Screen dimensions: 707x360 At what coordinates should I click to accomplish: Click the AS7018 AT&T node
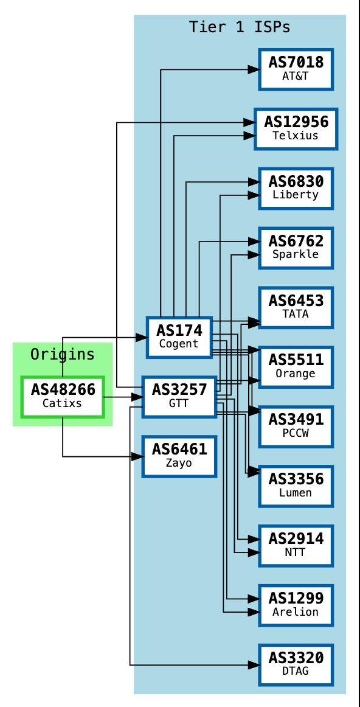click(296, 69)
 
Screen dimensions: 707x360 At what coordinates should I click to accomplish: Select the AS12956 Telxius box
click(296, 128)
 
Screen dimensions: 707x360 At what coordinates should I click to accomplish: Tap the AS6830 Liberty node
click(296, 188)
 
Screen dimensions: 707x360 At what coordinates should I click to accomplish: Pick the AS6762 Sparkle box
click(296, 248)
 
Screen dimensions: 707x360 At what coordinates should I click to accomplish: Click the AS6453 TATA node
click(296, 307)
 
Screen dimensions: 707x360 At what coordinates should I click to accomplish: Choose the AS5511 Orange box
click(296, 367)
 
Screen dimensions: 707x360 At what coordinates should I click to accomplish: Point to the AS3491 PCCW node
click(296, 427)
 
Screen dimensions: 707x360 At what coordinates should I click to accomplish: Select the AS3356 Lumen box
click(296, 486)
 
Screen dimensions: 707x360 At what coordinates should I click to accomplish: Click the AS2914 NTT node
click(296, 546)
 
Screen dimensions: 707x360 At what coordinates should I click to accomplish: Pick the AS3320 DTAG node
click(296, 664)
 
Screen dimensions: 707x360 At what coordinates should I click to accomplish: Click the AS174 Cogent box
click(179, 337)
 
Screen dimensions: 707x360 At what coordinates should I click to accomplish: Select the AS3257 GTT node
click(179, 397)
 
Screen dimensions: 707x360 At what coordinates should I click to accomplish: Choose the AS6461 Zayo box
click(179, 456)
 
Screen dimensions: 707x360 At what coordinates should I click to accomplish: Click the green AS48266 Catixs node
click(63, 397)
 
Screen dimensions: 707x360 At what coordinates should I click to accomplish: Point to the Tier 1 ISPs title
click(239, 27)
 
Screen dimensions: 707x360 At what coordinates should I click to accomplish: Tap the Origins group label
click(63, 354)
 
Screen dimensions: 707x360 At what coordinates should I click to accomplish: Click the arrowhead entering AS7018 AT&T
click(253, 70)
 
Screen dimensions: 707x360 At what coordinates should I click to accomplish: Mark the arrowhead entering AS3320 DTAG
click(253, 665)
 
